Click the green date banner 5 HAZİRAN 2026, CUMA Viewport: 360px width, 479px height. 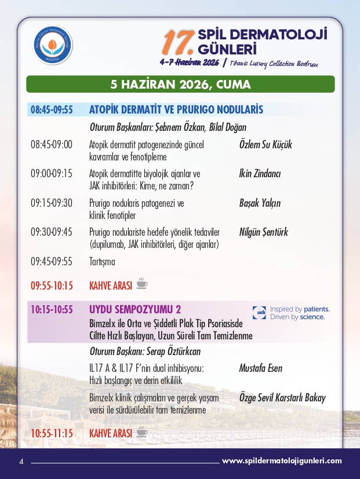pyautogui.click(x=180, y=85)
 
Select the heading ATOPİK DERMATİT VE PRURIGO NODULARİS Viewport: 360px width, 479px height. pyautogui.click(x=176, y=109)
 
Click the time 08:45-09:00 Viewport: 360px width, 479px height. pyautogui.click(x=52, y=145)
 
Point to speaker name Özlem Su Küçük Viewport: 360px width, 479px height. pyautogui.click(x=266, y=145)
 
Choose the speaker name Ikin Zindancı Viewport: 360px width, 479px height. pyautogui.click(x=260, y=174)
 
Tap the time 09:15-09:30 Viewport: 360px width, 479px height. pyautogui.click(x=52, y=203)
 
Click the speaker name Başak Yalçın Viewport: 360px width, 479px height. pyautogui.click(x=260, y=203)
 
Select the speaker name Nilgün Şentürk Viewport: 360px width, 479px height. pyautogui.click(x=263, y=232)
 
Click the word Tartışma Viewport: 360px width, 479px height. pyautogui.click(x=102, y=261)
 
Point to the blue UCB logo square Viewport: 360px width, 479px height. pyautogui.click(x=259, y=313)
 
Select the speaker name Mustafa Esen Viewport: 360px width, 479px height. pyautogui.click(x=261, y=368)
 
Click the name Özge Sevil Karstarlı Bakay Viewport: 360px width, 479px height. pyautogui.click(x=282, y=398)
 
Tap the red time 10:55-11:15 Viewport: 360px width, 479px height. pyautogui.click(x=52, y=433)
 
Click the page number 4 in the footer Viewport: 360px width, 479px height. pyautogui.click(x=21, y=462)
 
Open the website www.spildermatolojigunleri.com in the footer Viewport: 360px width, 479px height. pyautogui.click(x=282, y=461)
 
